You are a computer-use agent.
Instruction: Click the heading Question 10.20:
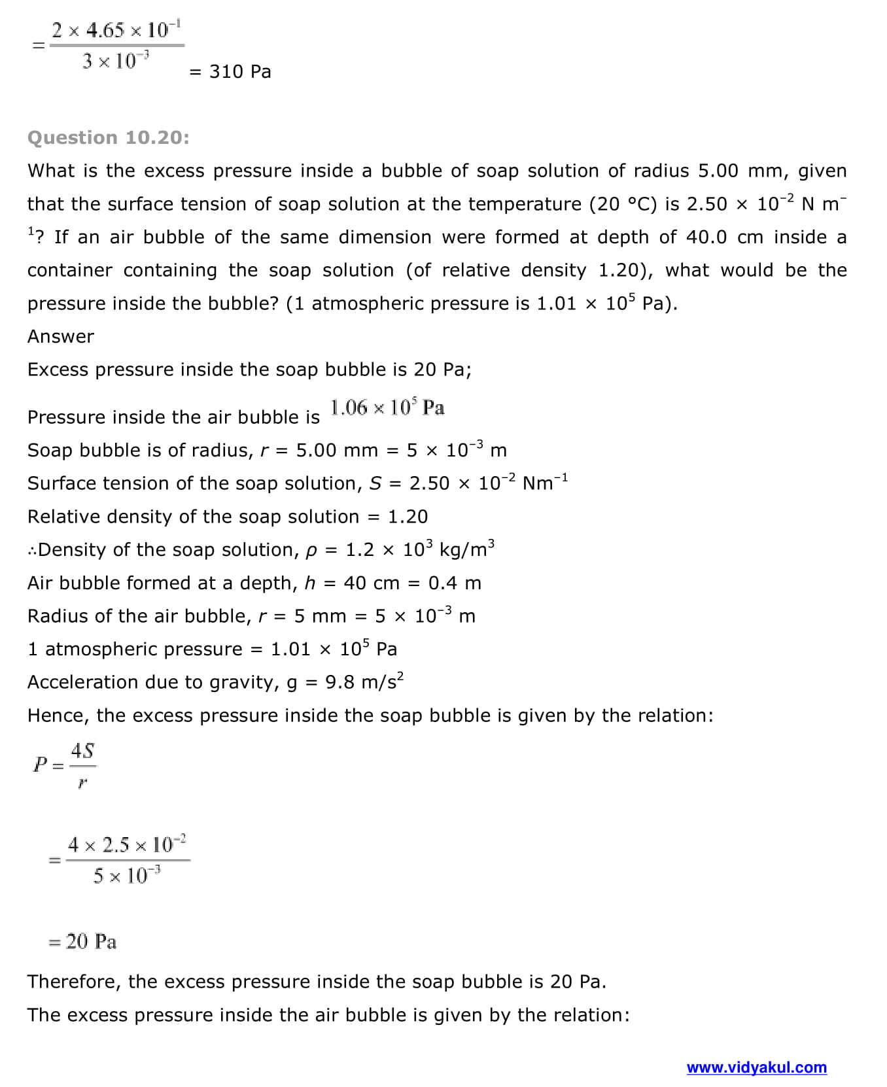coord(109,137)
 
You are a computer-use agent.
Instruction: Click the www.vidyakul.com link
coord(756,1067)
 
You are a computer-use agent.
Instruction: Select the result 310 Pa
coord(240,71)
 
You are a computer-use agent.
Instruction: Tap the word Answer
coord(61,336)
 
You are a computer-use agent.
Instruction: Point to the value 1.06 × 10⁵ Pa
coord(387,408)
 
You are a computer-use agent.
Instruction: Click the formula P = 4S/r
coord(65,764)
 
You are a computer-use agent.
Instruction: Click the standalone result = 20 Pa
coord(83,942)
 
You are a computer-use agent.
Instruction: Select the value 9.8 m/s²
coord(364,682)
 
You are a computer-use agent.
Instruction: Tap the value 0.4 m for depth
coord(455,583)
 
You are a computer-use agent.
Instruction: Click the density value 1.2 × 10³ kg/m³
coord(420,549)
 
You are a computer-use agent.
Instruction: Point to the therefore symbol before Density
coord(32,550)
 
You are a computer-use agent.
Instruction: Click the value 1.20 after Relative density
coord(408,517)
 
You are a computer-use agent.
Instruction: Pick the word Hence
coord(55,716)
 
